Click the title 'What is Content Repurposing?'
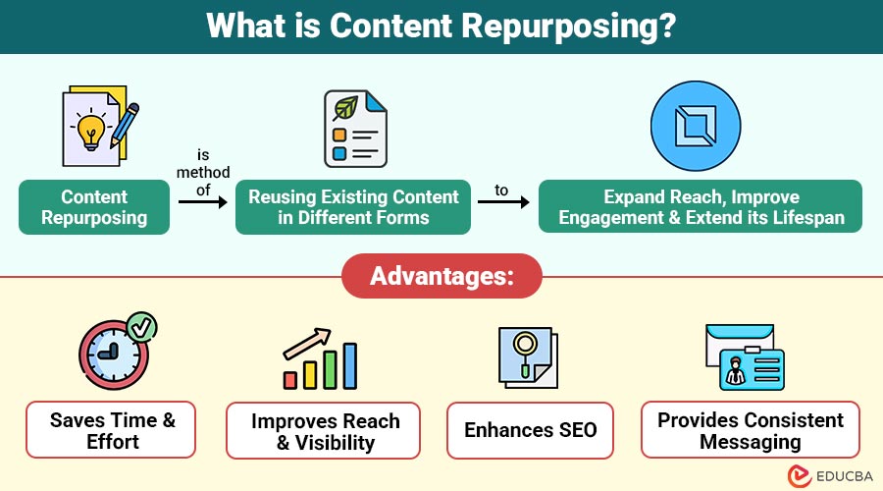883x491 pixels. (441, 27)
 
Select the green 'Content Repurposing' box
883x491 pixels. (94, 207)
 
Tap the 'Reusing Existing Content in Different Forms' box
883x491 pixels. (353, 207)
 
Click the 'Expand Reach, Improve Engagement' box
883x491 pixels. (701, 207)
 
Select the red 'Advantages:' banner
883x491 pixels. (441, 276)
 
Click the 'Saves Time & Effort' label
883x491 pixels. (111, 429)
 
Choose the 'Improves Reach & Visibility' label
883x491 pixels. (323, 430)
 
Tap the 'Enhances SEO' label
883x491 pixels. (530, 430)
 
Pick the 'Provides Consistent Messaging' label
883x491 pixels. (751, 430)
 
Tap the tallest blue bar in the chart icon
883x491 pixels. (349, 365)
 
